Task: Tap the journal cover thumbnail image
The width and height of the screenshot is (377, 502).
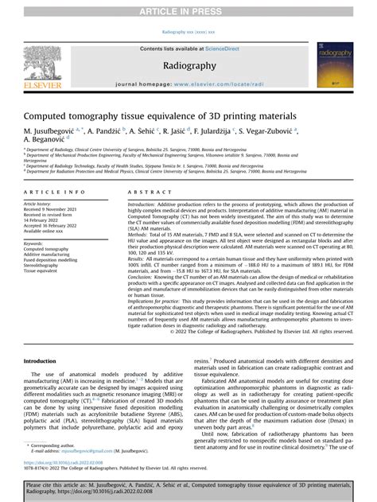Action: click(x=335, y=64)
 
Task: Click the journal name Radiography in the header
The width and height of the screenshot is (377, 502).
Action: click(x=188, y=66)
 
